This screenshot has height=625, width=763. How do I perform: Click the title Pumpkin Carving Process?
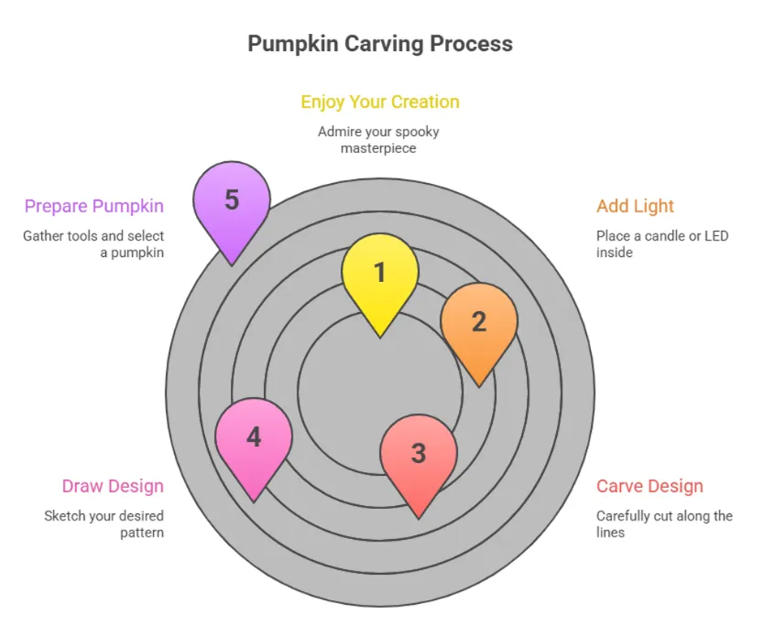pyautogui.click(x=380, y=44)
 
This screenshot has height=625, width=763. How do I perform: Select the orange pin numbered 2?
pyautogui.click(x=478, y=322)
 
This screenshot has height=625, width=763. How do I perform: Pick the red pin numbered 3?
pyautogui.click(x=419, y=454)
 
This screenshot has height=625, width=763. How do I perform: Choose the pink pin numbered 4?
pyautogui.click(x=254, y=437)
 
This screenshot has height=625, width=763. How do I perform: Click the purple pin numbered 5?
pyautogui.click(x=232, y=200)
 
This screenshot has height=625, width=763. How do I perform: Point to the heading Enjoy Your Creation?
pyautogui.click(x=380, y=102)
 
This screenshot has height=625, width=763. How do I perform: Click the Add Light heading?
pyautogui.click(x=635, y=206)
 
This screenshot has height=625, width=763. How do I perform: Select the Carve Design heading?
pyautogui.click(x=649, y=486)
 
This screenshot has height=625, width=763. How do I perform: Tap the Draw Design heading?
pyautogui.click(x=113, y=486)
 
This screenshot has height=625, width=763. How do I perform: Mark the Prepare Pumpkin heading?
pyautogui.click(x=94, y=206)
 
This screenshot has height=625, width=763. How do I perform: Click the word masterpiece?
pyautogui.click(x=379, y=147)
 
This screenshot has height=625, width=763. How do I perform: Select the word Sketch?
pyautogui.click(x=64, y=516)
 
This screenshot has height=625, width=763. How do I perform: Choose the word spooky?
pyautogui.click(x=419, y=132)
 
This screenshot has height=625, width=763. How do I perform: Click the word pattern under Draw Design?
pyautogui.click(x=141, y=532)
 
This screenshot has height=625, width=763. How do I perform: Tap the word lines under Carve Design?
pyautogui.click(x=610, y=532)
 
